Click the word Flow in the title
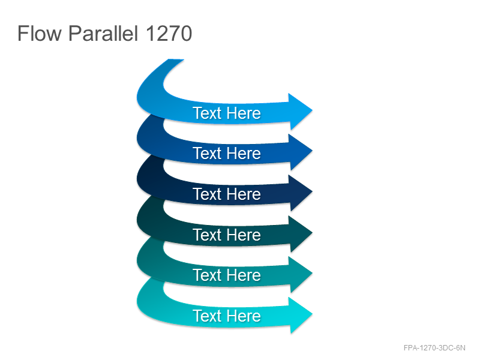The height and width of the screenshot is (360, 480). click(40, 33)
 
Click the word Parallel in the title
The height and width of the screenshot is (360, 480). click(103, 33)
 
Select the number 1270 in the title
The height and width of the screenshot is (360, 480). click(169, 33)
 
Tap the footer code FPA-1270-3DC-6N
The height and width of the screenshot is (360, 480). click(434, 348)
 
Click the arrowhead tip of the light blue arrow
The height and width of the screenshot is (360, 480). click(312, 110)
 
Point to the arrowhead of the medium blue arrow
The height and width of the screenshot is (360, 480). click(301, 151)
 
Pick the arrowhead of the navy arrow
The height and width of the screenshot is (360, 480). click(301, 192)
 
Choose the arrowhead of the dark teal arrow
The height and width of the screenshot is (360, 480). click(301, 233)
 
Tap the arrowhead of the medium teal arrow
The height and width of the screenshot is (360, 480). click(301, 274)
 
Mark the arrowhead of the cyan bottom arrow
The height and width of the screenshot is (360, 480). click(301, 314)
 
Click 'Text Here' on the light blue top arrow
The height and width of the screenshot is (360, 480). click(227, 113)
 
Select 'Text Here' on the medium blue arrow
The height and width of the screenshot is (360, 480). click(227, 154)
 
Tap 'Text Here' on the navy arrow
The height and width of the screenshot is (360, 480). click(227, 194)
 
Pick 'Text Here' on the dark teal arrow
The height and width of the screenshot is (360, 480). click(227, 235)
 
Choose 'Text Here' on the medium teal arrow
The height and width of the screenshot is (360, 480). click(227, 275)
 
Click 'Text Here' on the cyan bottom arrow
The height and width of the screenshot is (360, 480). click(227, 316)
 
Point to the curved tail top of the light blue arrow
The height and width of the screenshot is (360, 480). click(175, 61)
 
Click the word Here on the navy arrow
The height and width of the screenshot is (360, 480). click(244, 194)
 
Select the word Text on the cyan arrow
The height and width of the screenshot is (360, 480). click(206, 316)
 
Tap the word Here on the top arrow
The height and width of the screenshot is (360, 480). click(244, 113)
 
